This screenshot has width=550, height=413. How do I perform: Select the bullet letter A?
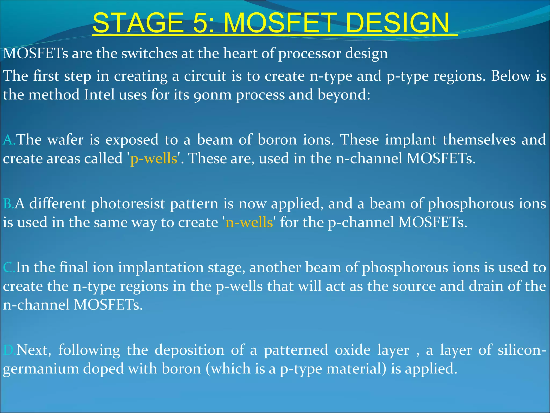click(x=9, y=140)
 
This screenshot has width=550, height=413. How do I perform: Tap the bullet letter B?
click(x=8, y=204)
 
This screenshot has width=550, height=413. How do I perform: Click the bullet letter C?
click(x=9, y=268)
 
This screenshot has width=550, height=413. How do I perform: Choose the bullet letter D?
click(x=9, y=350)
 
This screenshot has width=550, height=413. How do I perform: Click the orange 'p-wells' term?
click(x=154, y=159)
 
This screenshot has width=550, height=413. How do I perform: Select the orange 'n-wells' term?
click(x=249, y=222)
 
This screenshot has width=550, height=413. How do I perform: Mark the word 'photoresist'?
click(x=128, y=204)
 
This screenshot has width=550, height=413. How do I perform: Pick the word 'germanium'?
click(x=41, y=369)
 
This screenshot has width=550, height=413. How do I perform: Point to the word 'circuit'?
click(x=205, y=76)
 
